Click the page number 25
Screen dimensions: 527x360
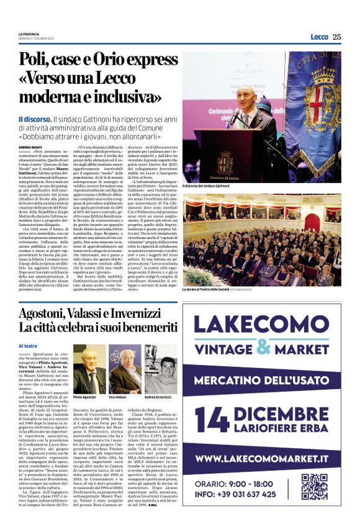(x=336, y=37)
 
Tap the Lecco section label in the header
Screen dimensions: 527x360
(x=319, y=37)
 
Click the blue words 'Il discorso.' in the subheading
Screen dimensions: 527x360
(x=35, y=119)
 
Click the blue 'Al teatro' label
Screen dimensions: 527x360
(x=28, y=345)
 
